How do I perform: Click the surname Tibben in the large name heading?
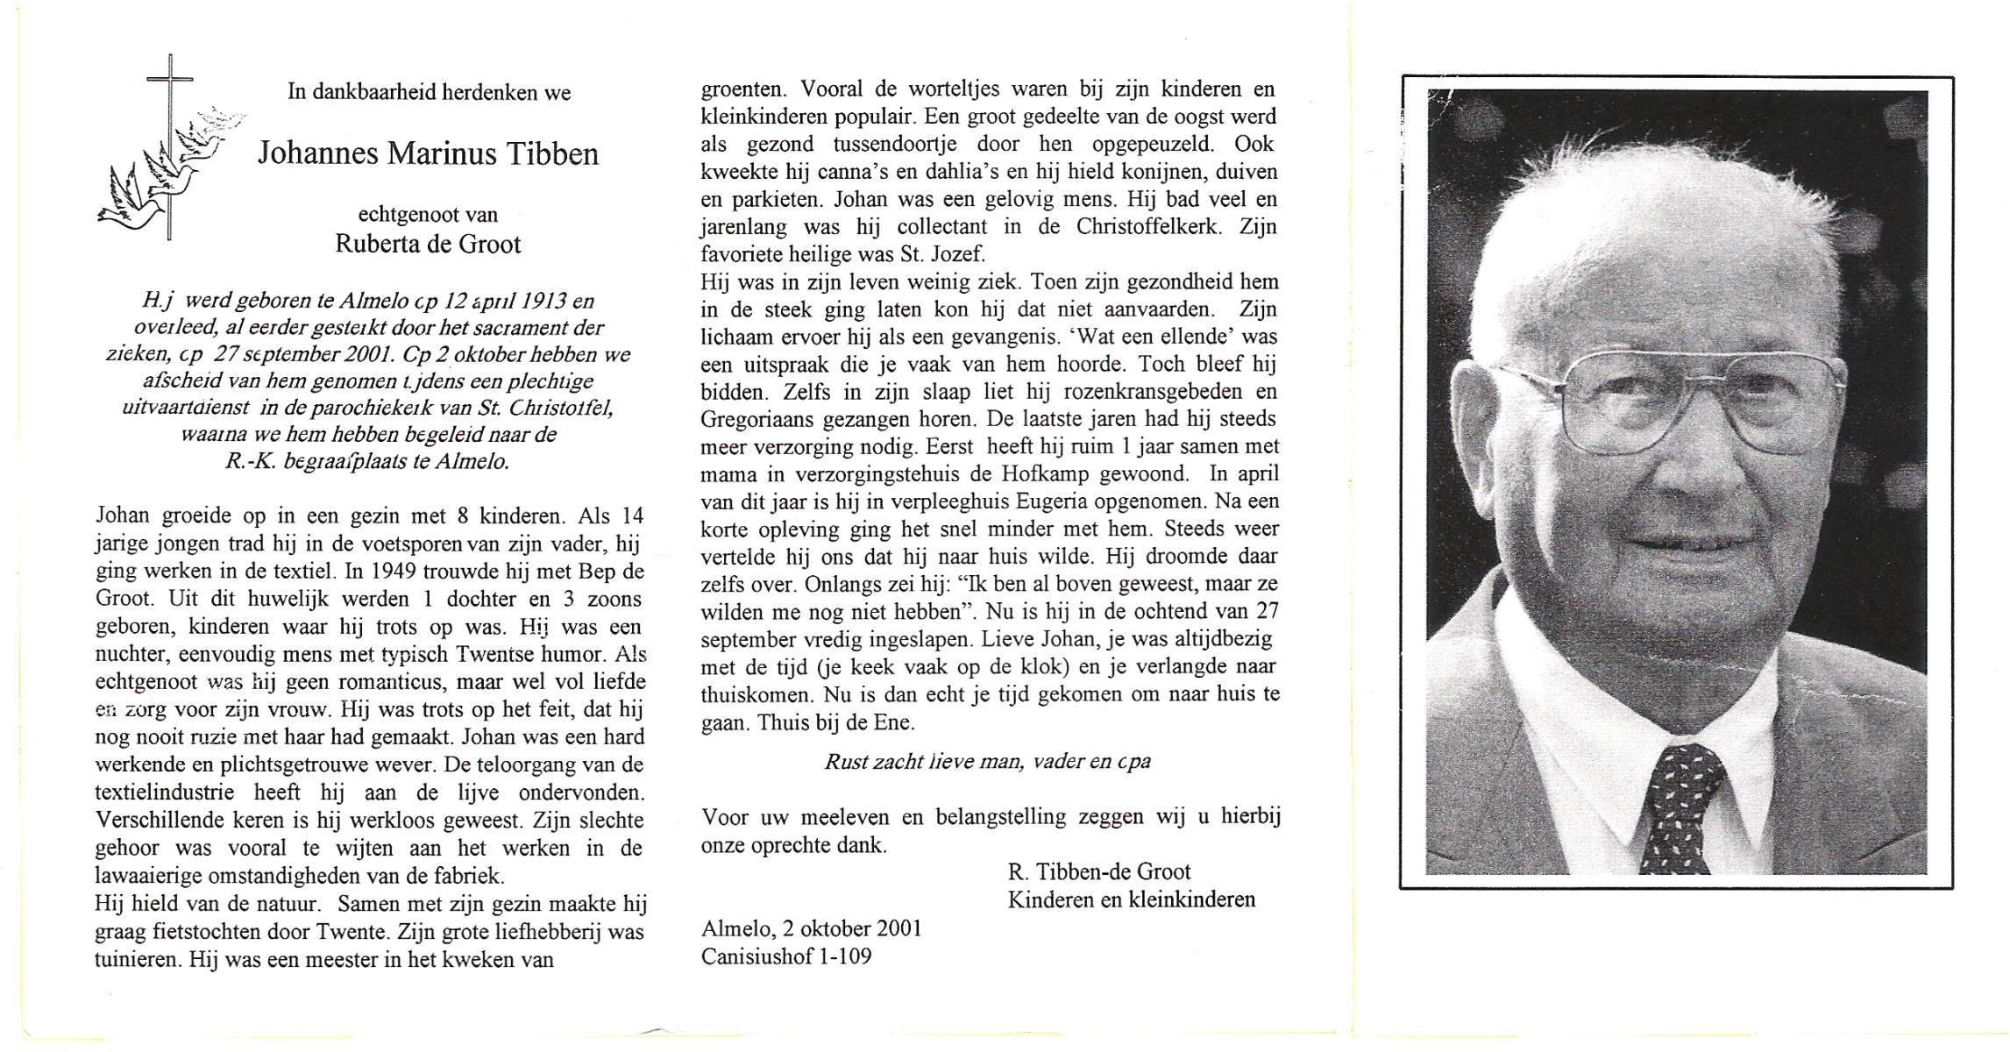552,154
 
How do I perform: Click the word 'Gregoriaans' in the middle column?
750,419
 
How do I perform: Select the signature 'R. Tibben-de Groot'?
1098,871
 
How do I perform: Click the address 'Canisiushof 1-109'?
786,956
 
